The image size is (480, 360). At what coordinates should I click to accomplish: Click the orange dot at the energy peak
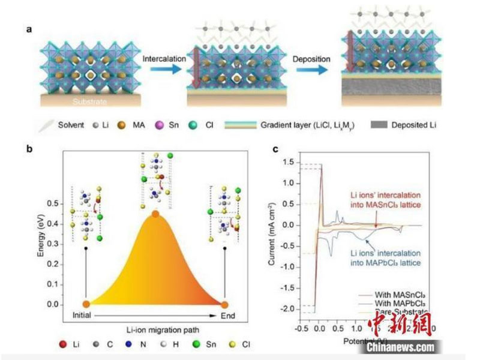click(155, 214)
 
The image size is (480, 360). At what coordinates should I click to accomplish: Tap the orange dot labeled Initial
click(86, 304)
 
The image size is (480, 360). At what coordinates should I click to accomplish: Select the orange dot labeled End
click(224, 304)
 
